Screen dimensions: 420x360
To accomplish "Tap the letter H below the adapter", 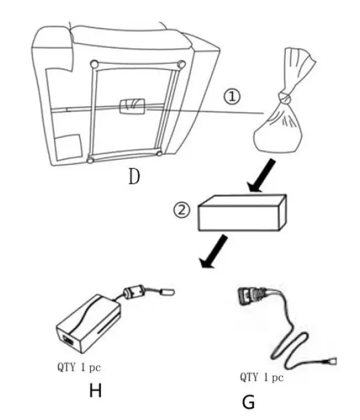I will tap(96, 391).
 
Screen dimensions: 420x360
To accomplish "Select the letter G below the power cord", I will tap(247, 402).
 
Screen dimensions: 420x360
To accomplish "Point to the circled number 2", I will tap(181, 211).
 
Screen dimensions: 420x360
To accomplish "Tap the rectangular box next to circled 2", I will tap(243, 214).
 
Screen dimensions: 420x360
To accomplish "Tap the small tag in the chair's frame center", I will tap(132, 106).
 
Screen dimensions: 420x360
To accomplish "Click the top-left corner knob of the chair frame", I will tap(94, 64).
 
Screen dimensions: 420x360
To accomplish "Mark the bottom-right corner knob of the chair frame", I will tap(159, 154).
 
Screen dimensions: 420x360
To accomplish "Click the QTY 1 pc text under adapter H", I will tap(79, 367).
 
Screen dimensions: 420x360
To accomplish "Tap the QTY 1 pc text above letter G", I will tap(262, 377).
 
